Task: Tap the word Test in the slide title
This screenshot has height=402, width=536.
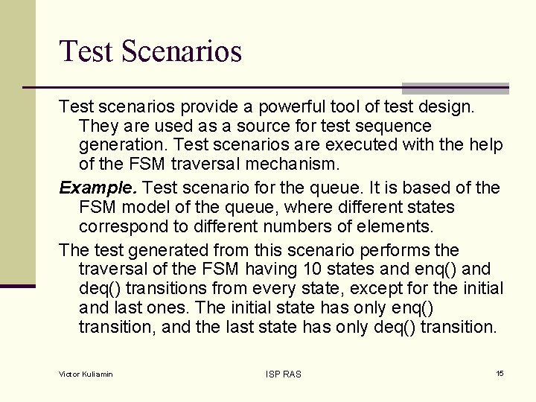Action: pos(86,51)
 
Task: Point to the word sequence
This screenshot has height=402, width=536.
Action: pos(394,126)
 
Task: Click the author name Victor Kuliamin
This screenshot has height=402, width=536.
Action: pos(86,374)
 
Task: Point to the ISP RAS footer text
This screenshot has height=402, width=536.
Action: pos(283,374)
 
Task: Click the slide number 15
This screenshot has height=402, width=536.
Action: pos(500,373)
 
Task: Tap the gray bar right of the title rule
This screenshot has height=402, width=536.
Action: pos(455,88)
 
